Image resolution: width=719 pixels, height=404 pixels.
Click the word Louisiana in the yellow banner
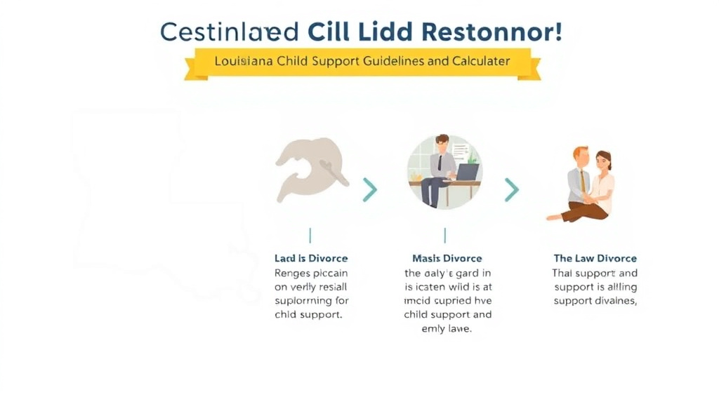click(244, 61)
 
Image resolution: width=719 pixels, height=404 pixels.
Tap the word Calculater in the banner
click(480, 61)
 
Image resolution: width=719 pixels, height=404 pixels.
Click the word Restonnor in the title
click(492, 32)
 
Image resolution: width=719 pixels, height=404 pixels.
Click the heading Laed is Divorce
click(311, 259)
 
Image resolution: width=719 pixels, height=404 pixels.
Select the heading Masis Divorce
click(447, 259)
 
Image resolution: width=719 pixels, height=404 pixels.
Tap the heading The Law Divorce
click(595, 259)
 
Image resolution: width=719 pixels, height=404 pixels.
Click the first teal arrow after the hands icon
click(370, 189)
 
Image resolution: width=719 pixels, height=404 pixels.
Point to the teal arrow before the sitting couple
click(512, 189)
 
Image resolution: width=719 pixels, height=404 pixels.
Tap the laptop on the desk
click(467, 172)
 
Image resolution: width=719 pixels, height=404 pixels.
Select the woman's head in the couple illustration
click(603, 161)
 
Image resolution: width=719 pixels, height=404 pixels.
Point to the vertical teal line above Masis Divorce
click(445, 235)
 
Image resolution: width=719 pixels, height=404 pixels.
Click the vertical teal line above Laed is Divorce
click(310, 235)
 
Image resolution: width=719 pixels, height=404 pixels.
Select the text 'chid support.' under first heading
click(308, 315)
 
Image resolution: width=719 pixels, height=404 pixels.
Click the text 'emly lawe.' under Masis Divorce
click(447, 328)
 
